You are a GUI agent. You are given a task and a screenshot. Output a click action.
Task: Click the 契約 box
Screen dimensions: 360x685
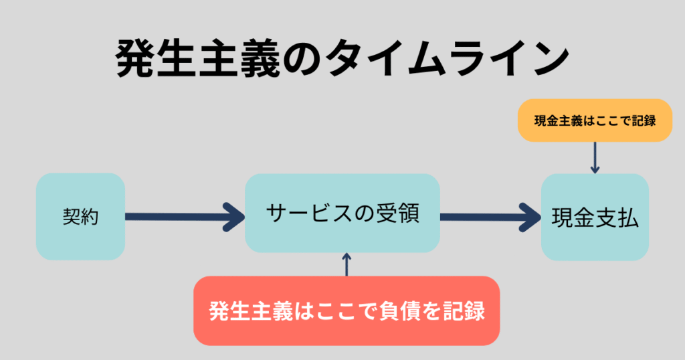point(80,216)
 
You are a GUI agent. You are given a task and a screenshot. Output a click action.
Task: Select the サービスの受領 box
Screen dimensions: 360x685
point(342,213)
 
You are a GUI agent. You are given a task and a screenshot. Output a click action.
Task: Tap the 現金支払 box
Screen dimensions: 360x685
point(595,217)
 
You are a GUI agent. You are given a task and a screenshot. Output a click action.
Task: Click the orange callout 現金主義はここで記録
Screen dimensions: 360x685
point(595,120)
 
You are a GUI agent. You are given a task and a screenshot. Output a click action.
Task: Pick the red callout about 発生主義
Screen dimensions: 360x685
point(347,311)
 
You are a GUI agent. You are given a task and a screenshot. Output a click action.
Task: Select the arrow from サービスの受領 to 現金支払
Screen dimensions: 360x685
point(490,216)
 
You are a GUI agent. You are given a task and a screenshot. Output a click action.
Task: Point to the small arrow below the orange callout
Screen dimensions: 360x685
point(595,158)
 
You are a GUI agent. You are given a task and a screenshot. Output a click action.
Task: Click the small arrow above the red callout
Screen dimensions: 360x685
point(346,263)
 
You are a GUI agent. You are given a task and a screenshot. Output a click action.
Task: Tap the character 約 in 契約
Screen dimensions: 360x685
point(90,217)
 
